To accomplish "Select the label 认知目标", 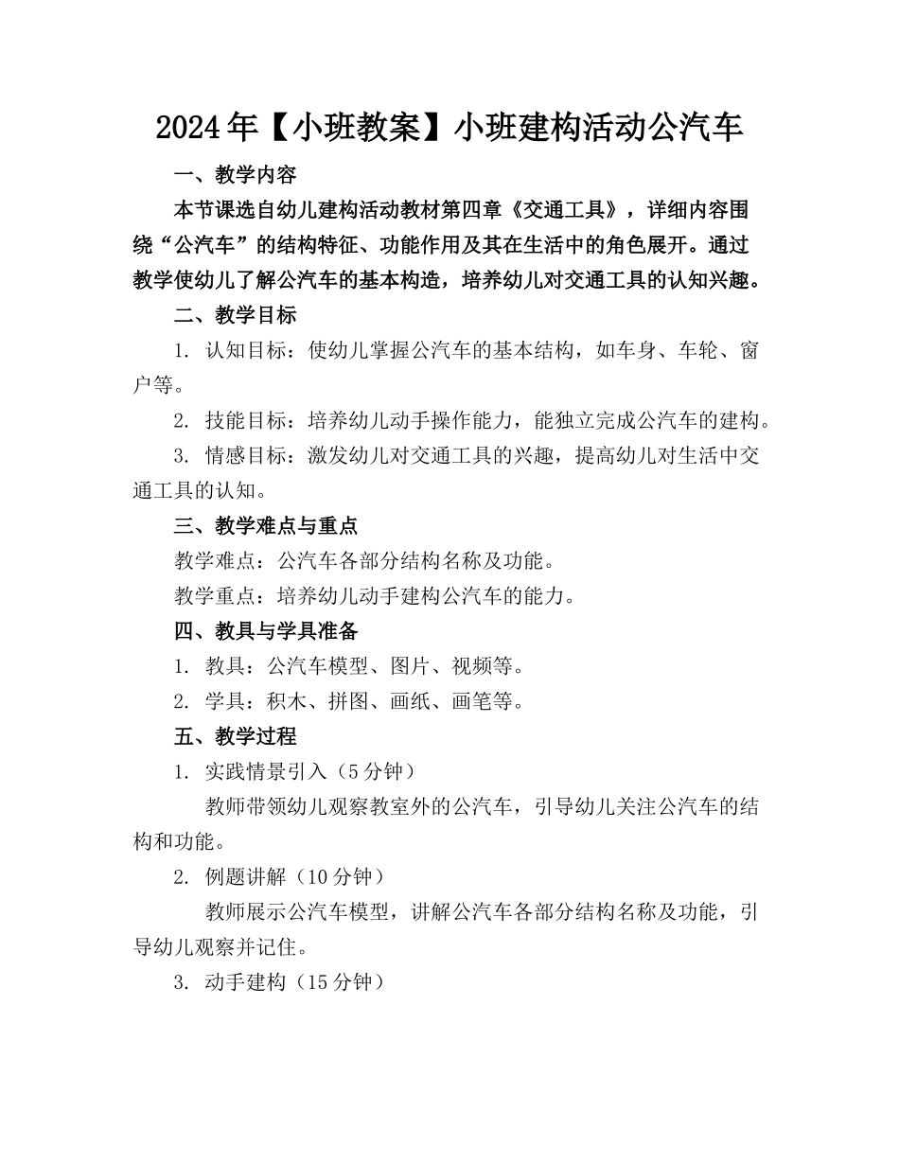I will click(x=246, y=350).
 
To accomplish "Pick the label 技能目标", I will click(x=246, y=420).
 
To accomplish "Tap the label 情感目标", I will click(x=246, y=455).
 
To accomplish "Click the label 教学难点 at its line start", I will click(x=215, y=560).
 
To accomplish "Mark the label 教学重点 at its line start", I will click(x=215, y=595).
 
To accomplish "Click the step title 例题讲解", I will click(x=245, y=876).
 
